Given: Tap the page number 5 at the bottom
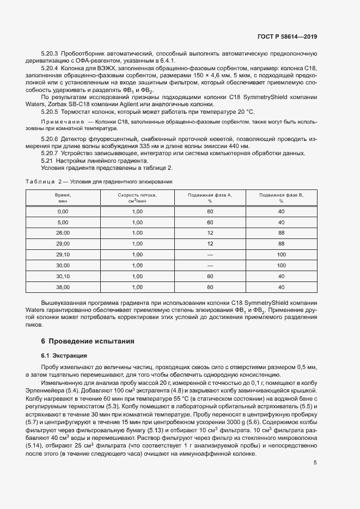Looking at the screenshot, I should [x=315, y=447].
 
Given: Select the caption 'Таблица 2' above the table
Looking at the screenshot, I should [x=44, y=181].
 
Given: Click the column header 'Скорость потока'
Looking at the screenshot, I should [x=137, y=194].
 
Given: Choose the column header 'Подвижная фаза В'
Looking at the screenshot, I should [x=281, y=194].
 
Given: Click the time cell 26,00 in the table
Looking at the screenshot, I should [x=63, y=232].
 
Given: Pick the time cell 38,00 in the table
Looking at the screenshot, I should [x=63, y=287].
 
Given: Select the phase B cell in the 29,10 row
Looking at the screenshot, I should [x=281, y=254].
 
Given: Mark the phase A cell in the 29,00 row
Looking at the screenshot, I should [x=210, y=243].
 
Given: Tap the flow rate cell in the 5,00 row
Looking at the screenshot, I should [x=137, y=222].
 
